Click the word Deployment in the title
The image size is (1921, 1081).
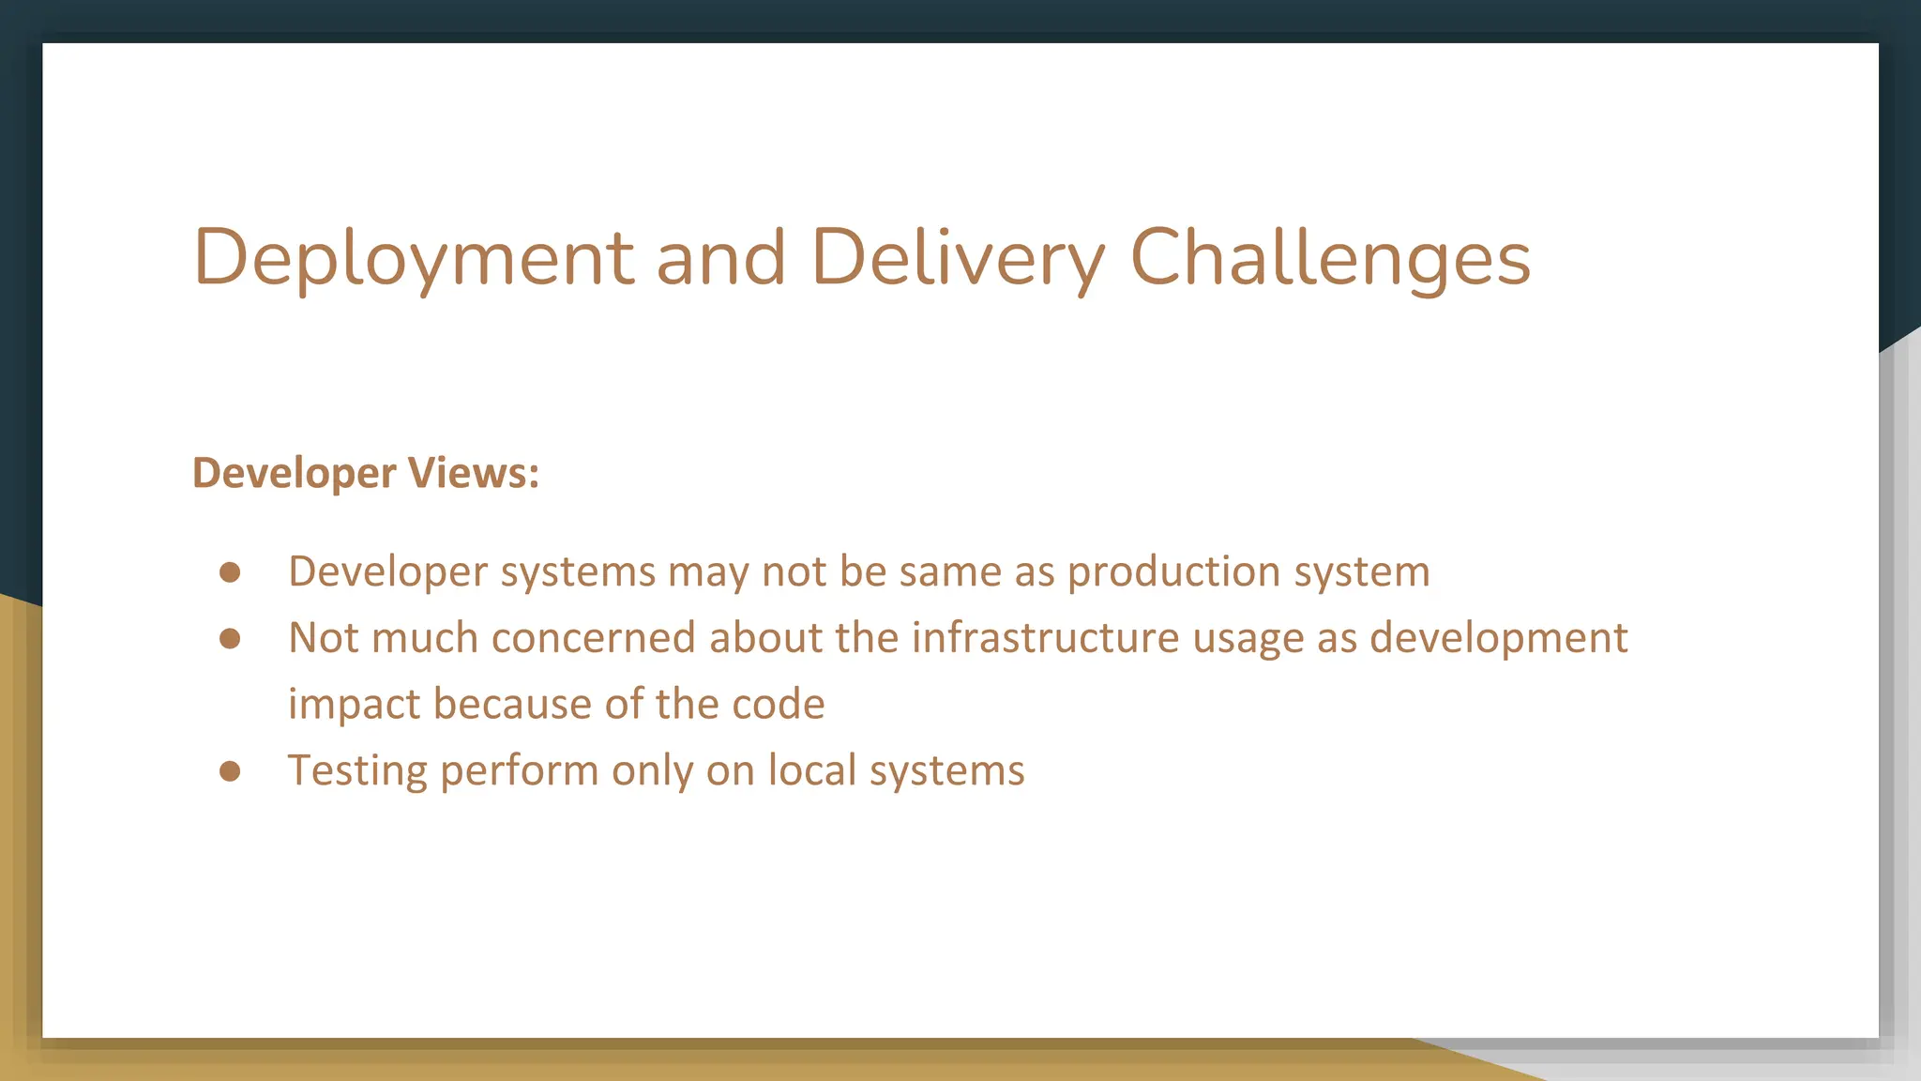pyautogui.click(x=414, y=258)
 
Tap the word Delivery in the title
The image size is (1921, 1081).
pyautogui.click(x=958, y=258)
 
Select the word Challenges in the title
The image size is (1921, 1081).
pyautogui.click(x=1330, y=258)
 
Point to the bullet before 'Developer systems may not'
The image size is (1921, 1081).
pyautogui.click(x=230, y=572)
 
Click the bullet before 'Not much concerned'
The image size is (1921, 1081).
pyautogui.click(x=230, y=639)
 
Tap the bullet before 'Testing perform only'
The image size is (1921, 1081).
pyautogui.click(x=230, y=771)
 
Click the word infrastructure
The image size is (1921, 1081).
pyautogui.click(x=1045, y=638)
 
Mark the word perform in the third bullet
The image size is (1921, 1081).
pyautogui.click(x=520, y=771)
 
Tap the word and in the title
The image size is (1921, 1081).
pyautogui.click(x=720, y=258)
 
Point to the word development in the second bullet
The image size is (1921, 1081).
pyautogui.click(x=1498, y=639)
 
